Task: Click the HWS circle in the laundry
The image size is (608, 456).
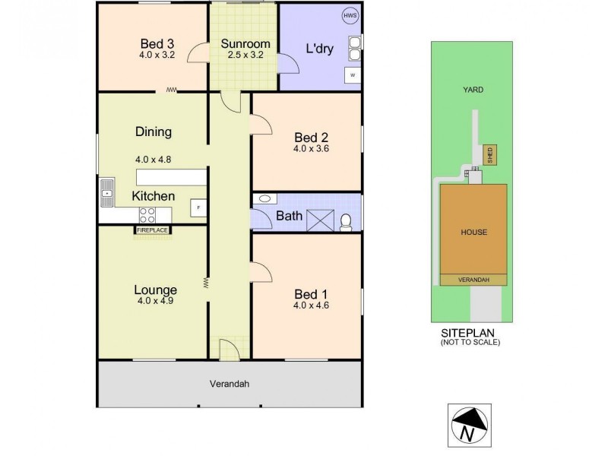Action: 350,16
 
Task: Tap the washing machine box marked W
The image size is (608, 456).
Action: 352,74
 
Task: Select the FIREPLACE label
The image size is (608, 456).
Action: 153,230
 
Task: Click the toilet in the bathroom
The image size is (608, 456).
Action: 346,221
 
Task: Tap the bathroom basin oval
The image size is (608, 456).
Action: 264,199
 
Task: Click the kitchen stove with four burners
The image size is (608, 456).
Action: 147,215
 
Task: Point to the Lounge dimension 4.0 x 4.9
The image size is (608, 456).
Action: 156,301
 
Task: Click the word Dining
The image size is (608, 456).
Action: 153,131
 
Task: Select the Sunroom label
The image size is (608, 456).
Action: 240,43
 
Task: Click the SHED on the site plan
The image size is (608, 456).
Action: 490,154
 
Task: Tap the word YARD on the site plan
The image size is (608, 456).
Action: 473,90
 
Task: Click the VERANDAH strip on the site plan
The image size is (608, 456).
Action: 473,280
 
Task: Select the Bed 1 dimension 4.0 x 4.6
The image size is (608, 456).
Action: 310,306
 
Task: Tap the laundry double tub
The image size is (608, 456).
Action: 354,49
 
